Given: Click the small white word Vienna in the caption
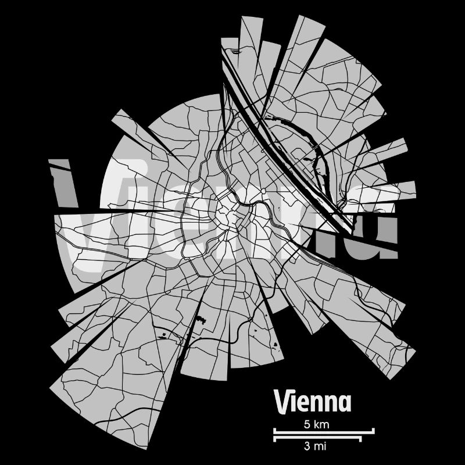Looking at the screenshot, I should tap(312, 402).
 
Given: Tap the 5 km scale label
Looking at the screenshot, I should tap(316, 424).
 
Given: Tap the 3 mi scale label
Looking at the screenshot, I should tap(314, 446).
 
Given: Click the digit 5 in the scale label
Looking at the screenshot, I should tap(307, 424).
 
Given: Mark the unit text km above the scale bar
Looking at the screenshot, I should tap(321, 424).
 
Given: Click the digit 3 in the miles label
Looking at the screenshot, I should tap(306, 446).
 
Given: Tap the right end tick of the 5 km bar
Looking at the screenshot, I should tap(373, 431).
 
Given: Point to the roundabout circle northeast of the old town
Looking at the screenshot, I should tap(263, 190).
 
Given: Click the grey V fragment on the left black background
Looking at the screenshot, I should tap(61, 183).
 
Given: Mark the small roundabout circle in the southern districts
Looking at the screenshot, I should tap(249, 319).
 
